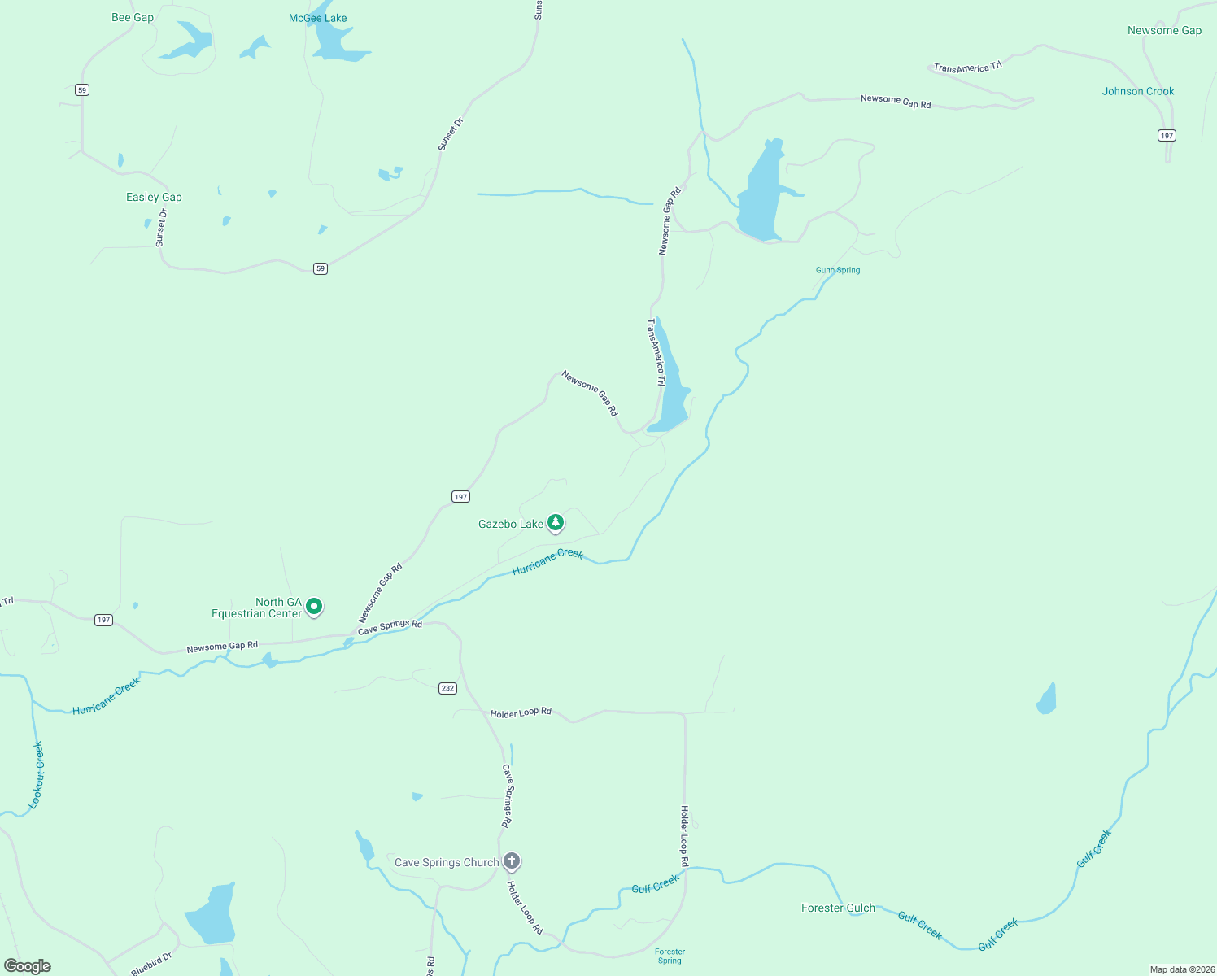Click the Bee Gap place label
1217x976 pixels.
(x=133, y=17)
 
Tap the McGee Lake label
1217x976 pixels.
(x=317, y=18)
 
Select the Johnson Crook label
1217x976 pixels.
(x=1137, y=91)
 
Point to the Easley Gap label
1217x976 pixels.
(x=154, y=197)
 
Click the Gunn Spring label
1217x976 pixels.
(x=837, y=270)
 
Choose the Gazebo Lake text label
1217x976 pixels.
(x=510, y=524)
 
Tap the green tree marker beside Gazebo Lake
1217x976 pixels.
(x=556, y=522)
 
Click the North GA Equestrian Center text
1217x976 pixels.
(x=256, y=608)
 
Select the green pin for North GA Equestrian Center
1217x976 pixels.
(x=314, y=606)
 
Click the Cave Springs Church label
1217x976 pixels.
(x=446, y=862)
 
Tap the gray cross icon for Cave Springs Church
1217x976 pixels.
(x=512, y=861)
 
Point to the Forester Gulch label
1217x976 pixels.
(x=838, y=908)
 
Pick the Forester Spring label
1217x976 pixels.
(x=670, y=956)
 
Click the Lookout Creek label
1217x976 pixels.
(x=37, y=774)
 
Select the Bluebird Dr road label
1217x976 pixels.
(x=151, y=964)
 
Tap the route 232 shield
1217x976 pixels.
(x=447, y=688)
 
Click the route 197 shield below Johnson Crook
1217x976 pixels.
(x=1167, y=135)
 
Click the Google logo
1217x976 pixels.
(x=28, y=966)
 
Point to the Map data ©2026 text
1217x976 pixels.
(x=1180, y=969)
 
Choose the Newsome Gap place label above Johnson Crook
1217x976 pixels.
(x=1164, y=30)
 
